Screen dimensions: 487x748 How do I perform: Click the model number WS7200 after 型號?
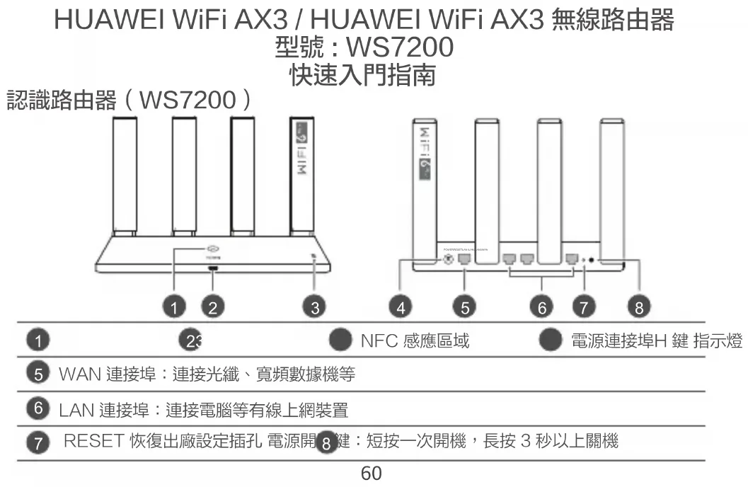398,48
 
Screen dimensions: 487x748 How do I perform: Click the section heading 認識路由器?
62,101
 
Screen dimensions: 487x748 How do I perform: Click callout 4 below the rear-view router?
402,307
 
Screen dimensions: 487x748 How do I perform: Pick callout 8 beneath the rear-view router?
639,307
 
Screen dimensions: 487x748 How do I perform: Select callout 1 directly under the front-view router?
173,307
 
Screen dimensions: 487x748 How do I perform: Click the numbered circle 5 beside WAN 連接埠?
41,373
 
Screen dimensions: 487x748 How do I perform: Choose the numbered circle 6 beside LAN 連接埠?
41,408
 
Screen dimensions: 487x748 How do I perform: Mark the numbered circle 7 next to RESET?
41,444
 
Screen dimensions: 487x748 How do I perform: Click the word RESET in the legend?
94,442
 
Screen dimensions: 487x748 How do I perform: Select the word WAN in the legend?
79,373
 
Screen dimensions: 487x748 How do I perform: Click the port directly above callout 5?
465,260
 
